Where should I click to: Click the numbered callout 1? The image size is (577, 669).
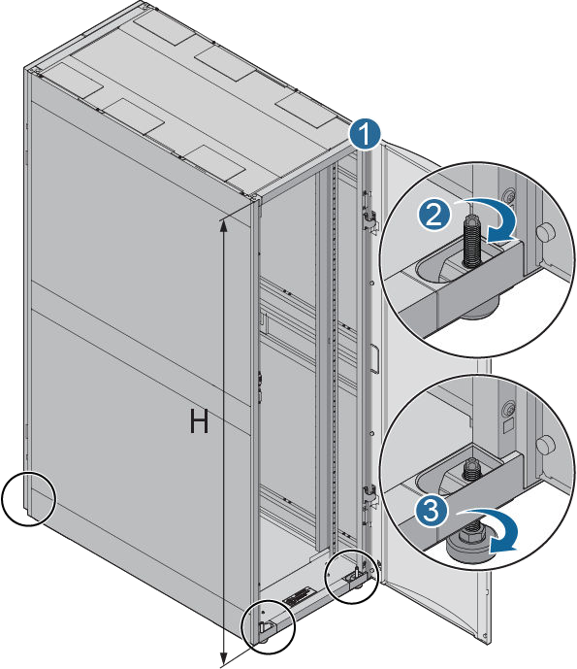365,134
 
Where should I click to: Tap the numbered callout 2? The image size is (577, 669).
433,215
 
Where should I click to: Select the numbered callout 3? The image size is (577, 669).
432,511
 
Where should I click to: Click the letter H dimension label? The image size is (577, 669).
199,421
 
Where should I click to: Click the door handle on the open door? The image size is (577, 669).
373,359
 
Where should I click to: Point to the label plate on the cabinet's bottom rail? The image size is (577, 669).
299,596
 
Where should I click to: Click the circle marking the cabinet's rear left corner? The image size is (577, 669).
28,498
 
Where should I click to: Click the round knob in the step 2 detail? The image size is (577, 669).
544,233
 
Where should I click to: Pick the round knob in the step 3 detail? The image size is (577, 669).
545,445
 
